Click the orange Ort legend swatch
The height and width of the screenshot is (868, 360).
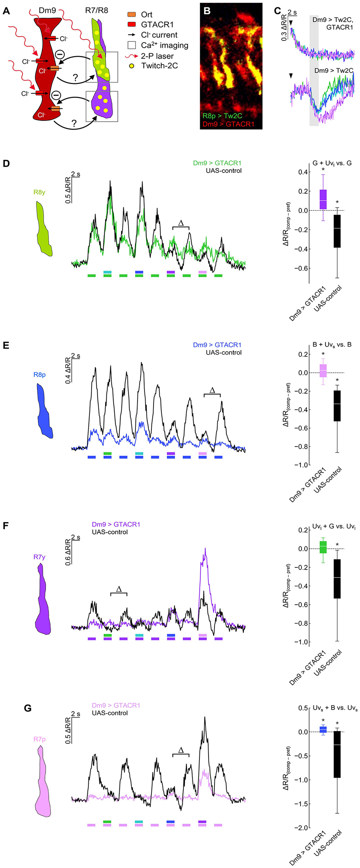pyautogui.click(x=132, y=15)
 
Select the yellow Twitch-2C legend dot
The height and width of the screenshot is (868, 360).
pyautogui.click(x=132, y=66)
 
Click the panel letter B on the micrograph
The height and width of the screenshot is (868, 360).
pyautogui.click(x=207, y=11)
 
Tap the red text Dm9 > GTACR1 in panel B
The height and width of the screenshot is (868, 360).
pyautogui.click(x=228, y=124)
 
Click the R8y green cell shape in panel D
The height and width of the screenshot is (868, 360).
pyautogui.click(x=44, y=229)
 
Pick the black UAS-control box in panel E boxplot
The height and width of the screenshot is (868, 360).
pyautogui.click(x=337, y=406)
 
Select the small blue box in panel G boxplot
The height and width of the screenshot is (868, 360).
pyautogui.click(x=323, y=729)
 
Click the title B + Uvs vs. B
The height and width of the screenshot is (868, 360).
pyautogui.click(x=332, y=345)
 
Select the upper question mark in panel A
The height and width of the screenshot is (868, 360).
pyautogui.click(x=75, y=78)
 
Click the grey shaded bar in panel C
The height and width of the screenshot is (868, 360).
pyautogui.click(x=314, y=70)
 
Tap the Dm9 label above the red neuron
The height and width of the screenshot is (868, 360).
pyautogui.click(x=47, y=10)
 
